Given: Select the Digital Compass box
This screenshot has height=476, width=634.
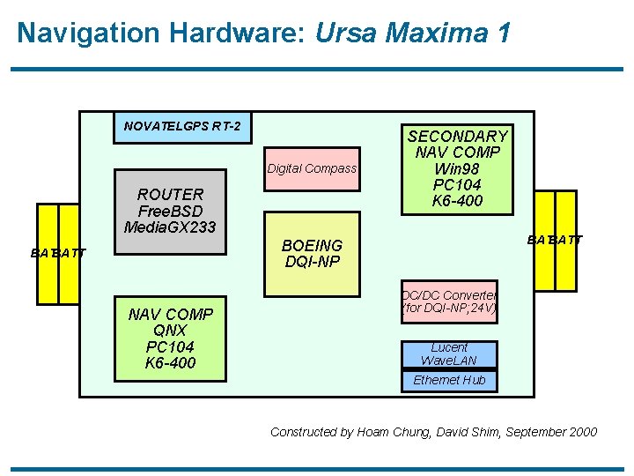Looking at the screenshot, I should [313, 168].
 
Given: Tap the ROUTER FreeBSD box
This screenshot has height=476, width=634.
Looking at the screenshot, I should [171, 210].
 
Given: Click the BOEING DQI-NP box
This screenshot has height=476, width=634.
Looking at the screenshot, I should [312, 254].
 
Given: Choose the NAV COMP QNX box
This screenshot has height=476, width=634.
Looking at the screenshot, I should [170, 338].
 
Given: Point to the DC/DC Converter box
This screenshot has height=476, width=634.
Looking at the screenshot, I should [449, 301].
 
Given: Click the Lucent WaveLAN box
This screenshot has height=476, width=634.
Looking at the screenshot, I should [448, 353].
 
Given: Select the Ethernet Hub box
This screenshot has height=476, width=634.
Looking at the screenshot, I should [449, 380].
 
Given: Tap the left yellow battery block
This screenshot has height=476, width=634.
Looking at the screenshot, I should [58, 252].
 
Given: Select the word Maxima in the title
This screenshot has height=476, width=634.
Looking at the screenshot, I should [438, 33].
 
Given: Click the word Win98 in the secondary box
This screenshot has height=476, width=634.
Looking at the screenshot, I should [457, 168].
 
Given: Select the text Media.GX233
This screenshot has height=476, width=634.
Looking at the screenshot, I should [171, 227].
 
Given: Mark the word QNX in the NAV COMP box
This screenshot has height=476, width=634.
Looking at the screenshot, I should [170, 331].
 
